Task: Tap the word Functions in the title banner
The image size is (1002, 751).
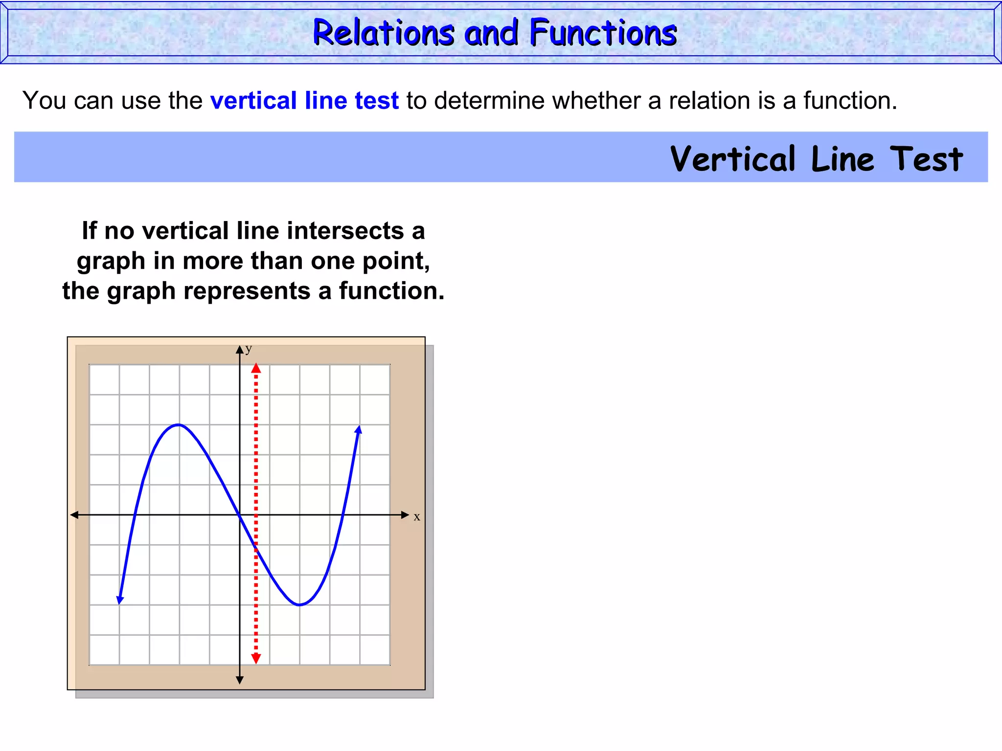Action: point(603,33)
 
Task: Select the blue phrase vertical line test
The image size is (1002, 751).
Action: point(304,101)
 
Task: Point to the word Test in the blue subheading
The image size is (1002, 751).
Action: point(926,159)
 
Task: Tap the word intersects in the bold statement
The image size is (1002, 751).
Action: point(346,230)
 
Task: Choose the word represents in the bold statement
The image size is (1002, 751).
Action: point(247,291)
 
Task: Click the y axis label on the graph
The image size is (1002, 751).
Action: point(249,349)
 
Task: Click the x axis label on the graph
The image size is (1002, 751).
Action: point(417,517)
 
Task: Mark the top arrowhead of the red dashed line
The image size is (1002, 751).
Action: point(256,368)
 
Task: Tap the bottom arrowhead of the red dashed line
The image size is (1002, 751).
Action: point(256,659)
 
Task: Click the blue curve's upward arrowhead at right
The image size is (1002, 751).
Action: point(359,430)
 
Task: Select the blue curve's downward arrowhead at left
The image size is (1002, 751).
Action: point(120,599)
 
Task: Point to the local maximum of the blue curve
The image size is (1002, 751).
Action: point(179,424)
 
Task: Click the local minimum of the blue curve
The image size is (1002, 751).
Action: point(299,605)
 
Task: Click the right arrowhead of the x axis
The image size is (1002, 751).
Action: point(405,515)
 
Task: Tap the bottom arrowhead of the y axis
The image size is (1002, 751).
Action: point(240,680)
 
